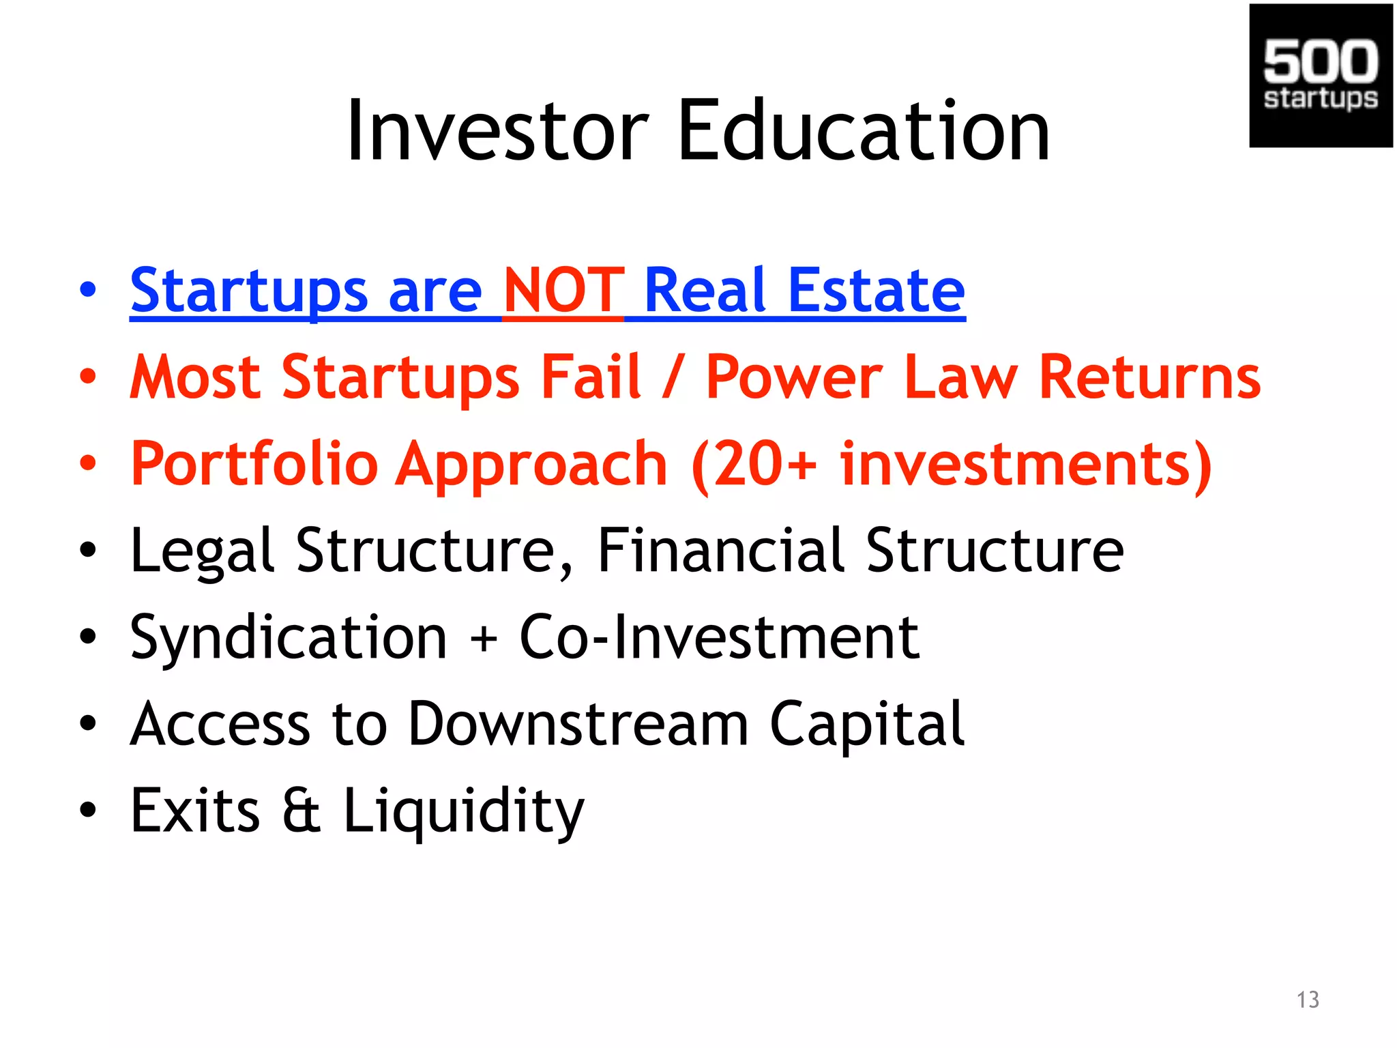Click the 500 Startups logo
tap(1321, 75)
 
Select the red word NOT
tap(563, 290)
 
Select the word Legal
tap(202, 551)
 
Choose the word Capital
tap(867, 724)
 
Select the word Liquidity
tap(463, 811)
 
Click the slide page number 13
tap(1308, 1000)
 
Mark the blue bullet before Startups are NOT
tap(88, 290)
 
